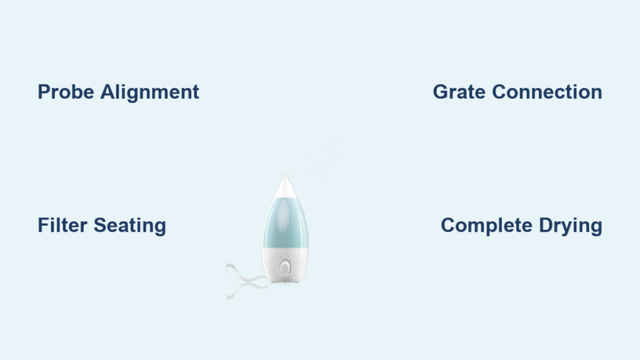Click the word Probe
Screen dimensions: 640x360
[66, 92]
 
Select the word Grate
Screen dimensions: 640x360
[459, 92]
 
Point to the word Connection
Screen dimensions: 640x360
[547, 92]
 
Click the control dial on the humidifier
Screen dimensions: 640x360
[285, 267]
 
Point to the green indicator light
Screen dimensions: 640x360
[280, 257]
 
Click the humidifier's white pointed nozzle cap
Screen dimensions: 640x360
[286, 187]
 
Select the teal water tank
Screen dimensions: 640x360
[285, 223]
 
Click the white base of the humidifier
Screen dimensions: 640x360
[285, 265]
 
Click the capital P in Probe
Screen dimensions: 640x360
[44, 92]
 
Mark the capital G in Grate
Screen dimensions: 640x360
[441, 92]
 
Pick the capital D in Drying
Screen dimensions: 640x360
[546, 225]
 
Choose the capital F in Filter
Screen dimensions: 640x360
[43, 225]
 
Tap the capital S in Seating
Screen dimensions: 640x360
[101, 225]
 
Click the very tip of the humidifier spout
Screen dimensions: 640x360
[285, 175]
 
